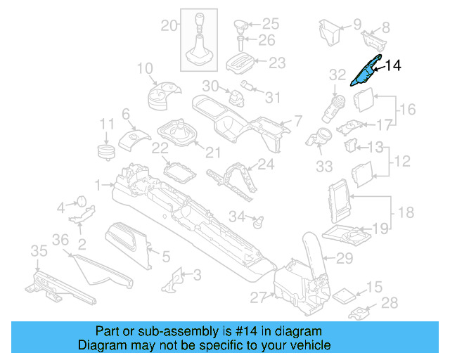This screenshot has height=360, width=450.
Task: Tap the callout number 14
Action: coord(392,66)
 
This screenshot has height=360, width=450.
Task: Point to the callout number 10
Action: coord(144,69)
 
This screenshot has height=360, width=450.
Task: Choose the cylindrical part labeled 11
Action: coord(105,152)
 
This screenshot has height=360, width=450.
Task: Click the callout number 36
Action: coord(61,240)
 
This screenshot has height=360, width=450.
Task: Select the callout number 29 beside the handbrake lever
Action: coord(344,259)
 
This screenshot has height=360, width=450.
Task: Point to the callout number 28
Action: coord(390,303)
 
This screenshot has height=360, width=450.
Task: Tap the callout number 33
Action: coord(323,166)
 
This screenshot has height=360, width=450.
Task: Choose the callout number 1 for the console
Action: coord(99,185)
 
